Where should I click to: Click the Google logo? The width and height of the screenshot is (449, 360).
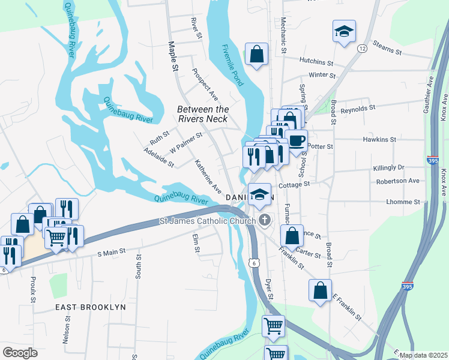(x=20, y=353)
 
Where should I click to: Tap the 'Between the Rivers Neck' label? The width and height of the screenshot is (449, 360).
(x=203, y=114)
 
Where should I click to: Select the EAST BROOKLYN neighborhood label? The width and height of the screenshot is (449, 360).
(x=91, y=307)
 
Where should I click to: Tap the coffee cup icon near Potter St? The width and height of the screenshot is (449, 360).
(x=297, y=140)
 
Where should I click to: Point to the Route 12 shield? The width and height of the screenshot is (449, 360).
(x=361, y=48)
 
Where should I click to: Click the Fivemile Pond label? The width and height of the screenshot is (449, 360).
(x=232, y=65)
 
